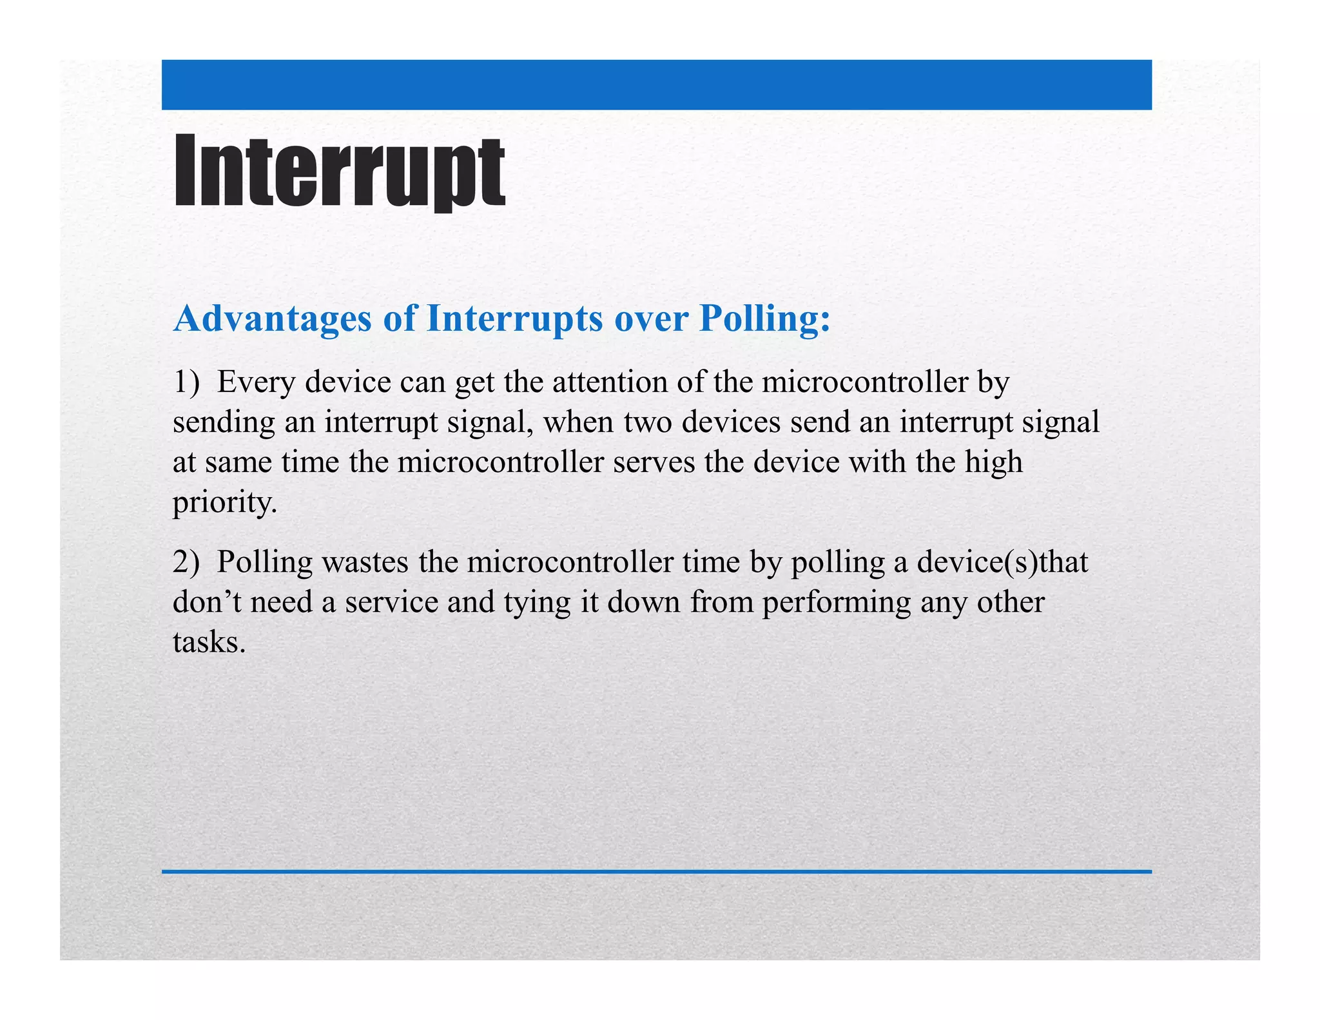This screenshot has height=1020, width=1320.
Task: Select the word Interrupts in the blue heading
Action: click(514, 319)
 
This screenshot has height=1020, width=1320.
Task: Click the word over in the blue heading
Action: click(651, 319)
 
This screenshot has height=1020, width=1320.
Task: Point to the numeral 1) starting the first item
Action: click(186, 382)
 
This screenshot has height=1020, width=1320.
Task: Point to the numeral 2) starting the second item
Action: click(186, 562)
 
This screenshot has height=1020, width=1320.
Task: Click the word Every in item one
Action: click(256, 382)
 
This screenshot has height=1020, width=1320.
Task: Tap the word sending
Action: click(224, 423)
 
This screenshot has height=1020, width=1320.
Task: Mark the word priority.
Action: click(224, 503)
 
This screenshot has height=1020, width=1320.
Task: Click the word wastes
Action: click(365, 562)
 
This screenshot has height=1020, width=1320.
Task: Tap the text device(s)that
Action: click(1002, 562)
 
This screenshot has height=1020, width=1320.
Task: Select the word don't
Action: click(206, 602)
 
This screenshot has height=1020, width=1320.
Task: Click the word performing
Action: click(837, 603)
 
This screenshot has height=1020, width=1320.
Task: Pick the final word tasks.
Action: click(209, 642)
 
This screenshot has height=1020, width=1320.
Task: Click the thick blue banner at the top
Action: click(656, 84)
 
